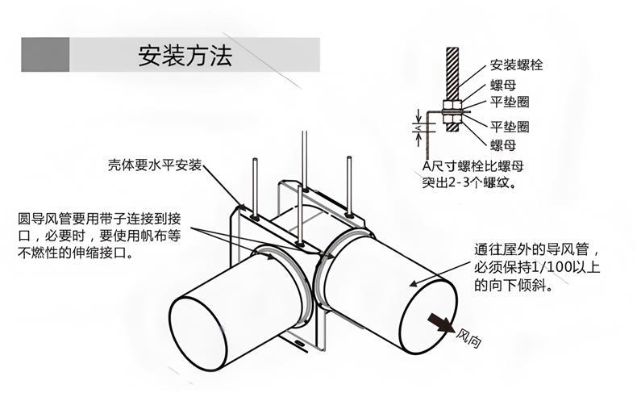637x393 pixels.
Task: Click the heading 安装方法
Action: (185, 56)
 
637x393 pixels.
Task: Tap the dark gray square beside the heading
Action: (45, 55)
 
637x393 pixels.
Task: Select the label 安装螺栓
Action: (516, 65)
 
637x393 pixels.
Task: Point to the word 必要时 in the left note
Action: (72, 236)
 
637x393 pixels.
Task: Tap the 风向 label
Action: (468, 337)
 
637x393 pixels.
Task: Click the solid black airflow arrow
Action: (439, 322)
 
